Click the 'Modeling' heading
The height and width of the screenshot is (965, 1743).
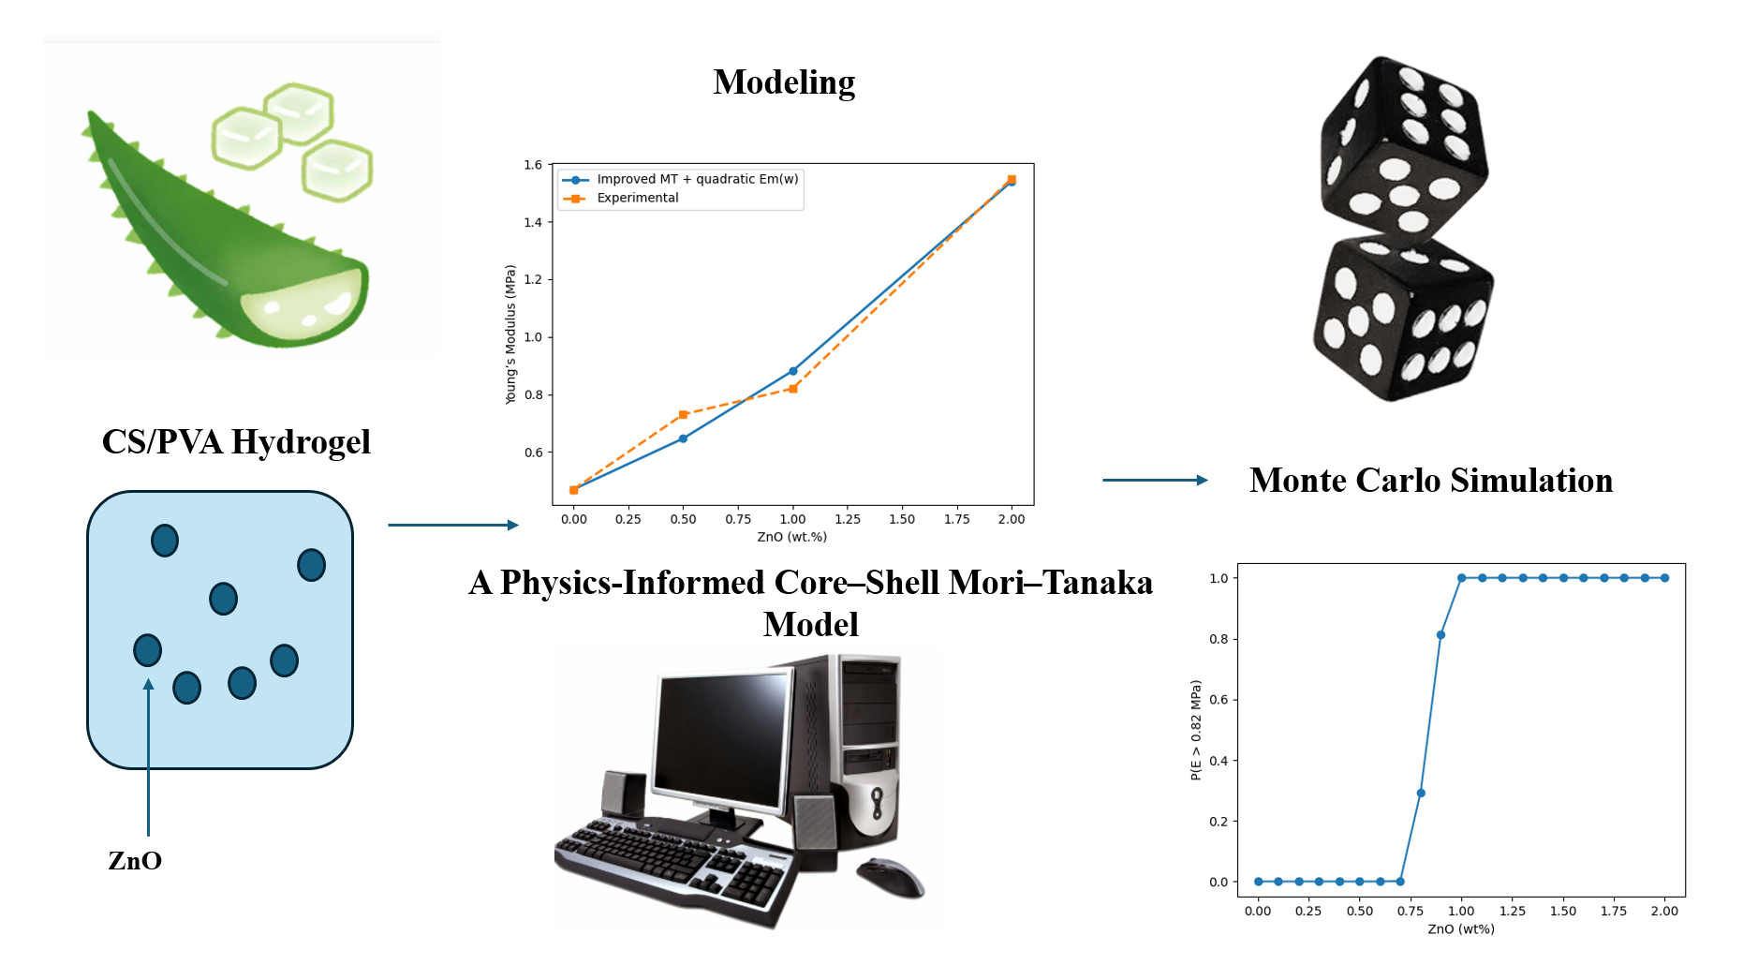[x=784, y=82]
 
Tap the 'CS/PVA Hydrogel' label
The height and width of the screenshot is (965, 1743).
[x=236, y=442]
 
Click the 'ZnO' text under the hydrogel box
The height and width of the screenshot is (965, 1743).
[x=135, y=861]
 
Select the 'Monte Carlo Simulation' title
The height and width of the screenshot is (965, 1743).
[x=1431, y=481]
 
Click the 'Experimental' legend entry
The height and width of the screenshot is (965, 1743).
[x=637, y=198]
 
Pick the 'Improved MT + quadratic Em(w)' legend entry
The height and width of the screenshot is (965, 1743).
[x=697, y=179]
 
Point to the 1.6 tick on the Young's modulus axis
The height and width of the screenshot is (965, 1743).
[x=533, y=165]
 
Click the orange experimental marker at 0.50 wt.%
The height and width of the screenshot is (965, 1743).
[x=683, y=414]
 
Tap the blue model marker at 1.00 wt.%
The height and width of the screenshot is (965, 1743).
[x=793, y=371]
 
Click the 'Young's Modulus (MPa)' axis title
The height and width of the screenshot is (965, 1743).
[x=510, y=334]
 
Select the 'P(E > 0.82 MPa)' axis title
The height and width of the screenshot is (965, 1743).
[x=1196, y=730]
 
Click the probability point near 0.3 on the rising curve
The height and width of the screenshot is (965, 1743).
[x=1421, y=793]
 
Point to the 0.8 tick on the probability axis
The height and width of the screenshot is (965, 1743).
[x=1219, y=639]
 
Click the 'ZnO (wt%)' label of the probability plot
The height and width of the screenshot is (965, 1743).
[x=1461, y=929]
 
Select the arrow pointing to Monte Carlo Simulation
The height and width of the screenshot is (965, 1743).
[x=1155, y=481]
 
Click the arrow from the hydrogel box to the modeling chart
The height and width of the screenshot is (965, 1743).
[x=452, y=525]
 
